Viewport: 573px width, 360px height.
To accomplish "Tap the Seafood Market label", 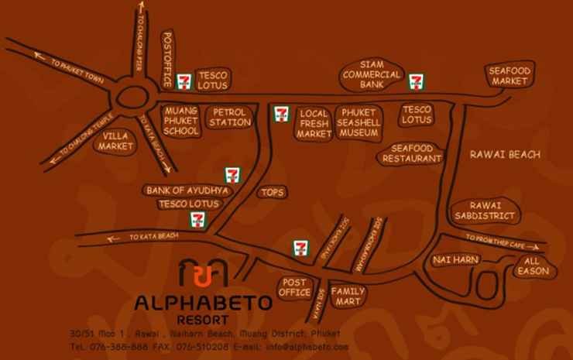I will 509,75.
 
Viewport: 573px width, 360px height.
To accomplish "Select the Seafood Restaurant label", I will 411,153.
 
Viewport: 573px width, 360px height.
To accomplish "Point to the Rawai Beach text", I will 504,155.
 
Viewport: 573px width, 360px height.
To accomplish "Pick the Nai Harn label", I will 456,259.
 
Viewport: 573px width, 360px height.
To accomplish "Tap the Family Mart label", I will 348,296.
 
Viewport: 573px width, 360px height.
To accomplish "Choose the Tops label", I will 273,192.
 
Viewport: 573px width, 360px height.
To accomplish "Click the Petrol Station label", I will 230,117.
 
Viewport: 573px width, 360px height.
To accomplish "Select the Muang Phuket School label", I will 181,122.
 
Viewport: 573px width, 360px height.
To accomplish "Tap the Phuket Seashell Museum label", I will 359,122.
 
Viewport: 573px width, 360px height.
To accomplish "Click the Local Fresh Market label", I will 314,122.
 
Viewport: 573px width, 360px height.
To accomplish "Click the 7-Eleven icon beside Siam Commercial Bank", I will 417,79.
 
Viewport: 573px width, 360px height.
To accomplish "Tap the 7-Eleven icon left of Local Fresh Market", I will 282,115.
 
